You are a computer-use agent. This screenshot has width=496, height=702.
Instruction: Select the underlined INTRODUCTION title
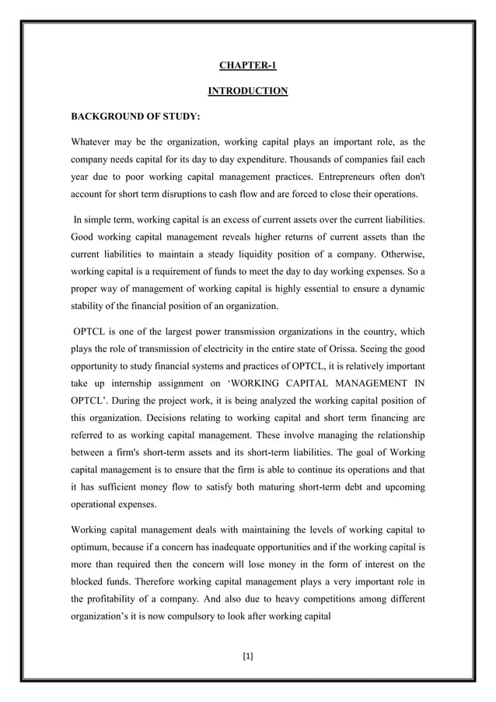click(x=248, y=92)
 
